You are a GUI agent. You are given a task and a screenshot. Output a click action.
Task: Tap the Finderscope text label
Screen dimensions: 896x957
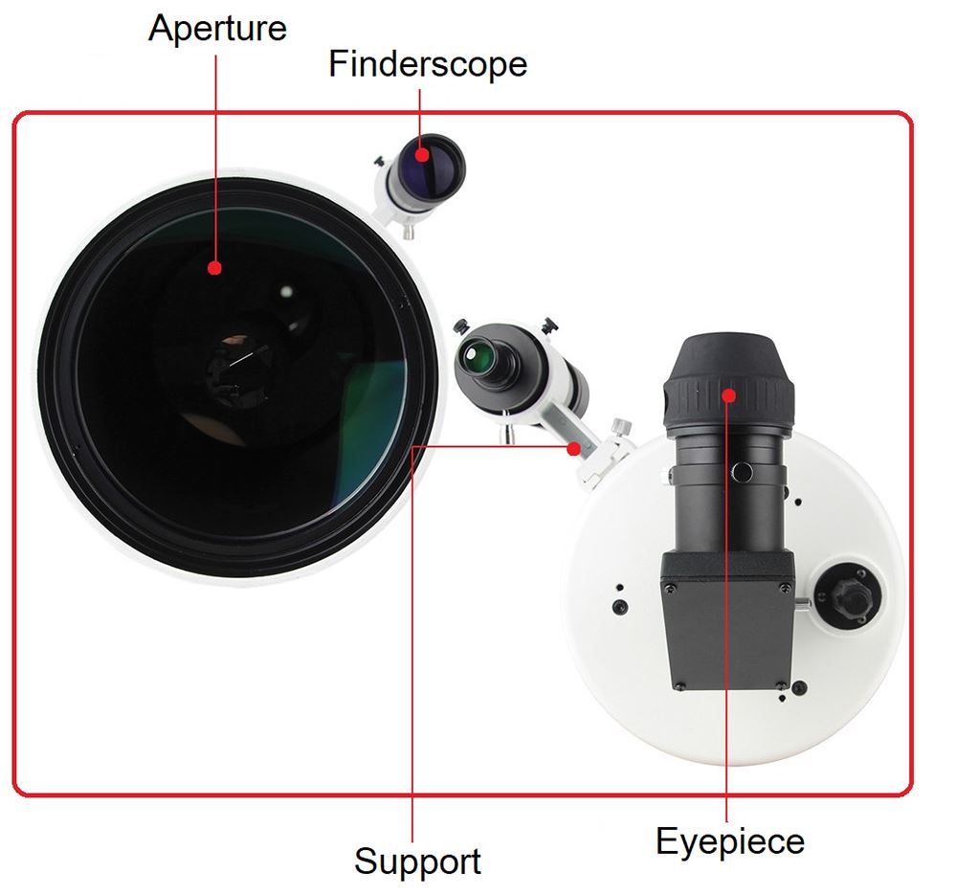427,64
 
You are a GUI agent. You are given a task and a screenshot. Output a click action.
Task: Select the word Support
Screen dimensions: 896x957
417,861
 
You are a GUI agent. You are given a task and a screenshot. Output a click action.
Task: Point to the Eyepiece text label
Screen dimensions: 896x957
729,842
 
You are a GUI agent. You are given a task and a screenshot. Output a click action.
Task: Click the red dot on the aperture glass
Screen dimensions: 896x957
215,269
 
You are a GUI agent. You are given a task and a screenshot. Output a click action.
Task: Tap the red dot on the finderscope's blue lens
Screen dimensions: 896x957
422,154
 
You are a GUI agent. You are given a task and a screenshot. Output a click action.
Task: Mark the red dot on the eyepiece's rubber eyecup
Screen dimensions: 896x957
728,393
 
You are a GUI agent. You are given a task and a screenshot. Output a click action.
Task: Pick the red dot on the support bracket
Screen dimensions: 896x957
573,448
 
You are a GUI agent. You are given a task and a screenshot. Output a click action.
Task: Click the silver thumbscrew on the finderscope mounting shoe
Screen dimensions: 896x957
624,424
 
